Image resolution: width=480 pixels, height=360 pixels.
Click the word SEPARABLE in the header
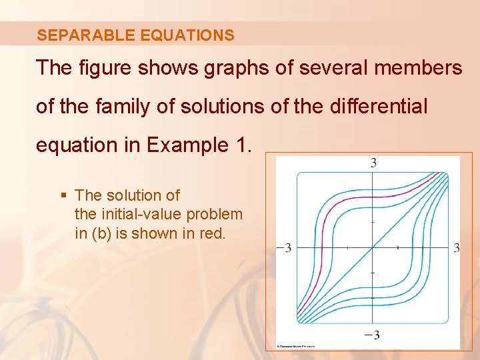pos(75,35)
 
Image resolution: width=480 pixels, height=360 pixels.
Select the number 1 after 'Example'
pos(242,145)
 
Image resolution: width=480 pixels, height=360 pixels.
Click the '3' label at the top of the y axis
pos(373,163)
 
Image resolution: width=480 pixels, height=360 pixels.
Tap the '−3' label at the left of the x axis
pos(284,248)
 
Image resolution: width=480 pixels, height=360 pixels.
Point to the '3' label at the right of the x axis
pos(456,248)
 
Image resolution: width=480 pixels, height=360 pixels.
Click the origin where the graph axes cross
pos(373,247)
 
